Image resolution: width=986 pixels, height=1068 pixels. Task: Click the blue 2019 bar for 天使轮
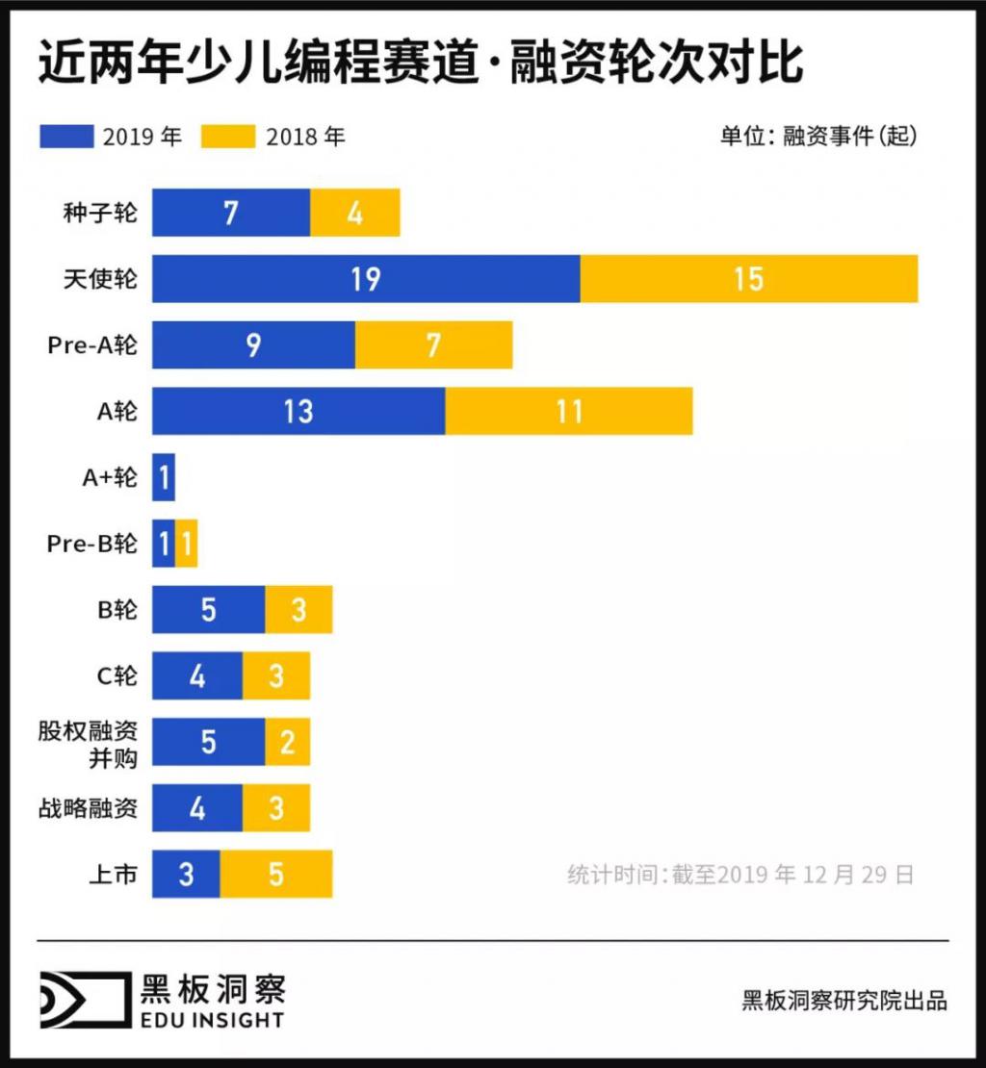pyautogui.click(x=366, y=279)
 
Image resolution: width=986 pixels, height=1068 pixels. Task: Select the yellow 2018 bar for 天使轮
pyautogui.click(x=748, y=279)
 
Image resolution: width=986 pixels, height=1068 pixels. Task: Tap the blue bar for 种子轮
pyautogui.click(x=231, y=213)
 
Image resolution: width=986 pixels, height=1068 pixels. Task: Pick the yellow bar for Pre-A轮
pyautogui.click(x=433, y=344)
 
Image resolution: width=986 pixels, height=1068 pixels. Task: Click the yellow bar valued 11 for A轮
pyautogui.click(x=568, y=411)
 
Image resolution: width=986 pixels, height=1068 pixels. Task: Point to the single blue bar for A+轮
pyautogui.click(x=164, y=477)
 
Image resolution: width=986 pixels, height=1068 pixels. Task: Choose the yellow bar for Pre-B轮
pyautogui.click(x=187, y=544)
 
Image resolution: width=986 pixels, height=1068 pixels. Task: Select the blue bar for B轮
pyautogui.click(x=208, y=610)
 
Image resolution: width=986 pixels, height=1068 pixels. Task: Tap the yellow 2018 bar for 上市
pyautogui.click(x=276, y=875)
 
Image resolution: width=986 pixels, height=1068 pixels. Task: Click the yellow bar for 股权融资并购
pyautogui.click(x=287, y=742)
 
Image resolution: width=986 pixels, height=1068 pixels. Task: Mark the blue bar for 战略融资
pyautogui.click(x=197, y=808)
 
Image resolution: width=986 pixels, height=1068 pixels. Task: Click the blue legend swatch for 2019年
pyautogui.click(x=66, y=136)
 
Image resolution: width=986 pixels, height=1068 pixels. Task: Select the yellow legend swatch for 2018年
pyautogui.click(x=228, y=136)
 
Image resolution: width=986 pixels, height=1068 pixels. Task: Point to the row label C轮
pyautogui.click(x=117, y=676)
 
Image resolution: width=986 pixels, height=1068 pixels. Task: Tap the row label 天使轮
pyautogui.click(x=100, y=279)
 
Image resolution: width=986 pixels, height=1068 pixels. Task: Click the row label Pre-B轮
pyautogui.click(x=92, y=544)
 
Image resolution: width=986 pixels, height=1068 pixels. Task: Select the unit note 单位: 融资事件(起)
pyautogui.click(x=818, y=136)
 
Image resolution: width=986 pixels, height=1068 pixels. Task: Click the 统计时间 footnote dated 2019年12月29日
pyautogui.click(x=739, y=875)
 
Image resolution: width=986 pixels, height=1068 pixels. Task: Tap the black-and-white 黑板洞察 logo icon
pyautogui.click(x=84, y=1000)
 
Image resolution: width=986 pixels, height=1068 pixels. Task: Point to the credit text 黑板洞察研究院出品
pyautogui.click(x=844, y=1000)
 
